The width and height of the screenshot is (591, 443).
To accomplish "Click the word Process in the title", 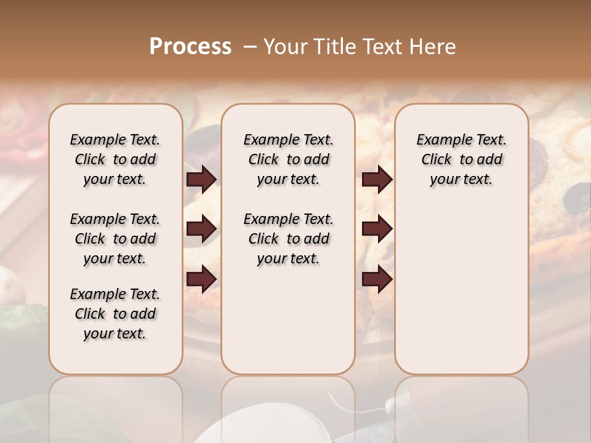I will tap(190, 47).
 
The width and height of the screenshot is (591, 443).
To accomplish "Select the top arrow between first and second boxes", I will tap(201, 179).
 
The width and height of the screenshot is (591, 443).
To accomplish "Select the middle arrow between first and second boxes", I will tap(201, 229).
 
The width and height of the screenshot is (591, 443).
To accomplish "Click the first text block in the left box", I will tap(115, 159).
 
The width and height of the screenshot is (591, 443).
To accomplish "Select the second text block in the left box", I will tap(115, 239).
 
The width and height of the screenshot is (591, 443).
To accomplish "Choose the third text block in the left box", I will tap(115, 314).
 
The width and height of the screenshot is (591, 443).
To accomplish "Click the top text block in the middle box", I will tap(288, 159).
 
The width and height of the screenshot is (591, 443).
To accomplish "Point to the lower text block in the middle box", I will tap(288, 239).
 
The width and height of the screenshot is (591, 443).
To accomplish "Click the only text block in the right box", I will tap(461, 159).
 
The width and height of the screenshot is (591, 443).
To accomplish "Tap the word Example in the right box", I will tap(439, 140).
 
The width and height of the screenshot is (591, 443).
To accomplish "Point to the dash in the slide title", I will tap(250, 47).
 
